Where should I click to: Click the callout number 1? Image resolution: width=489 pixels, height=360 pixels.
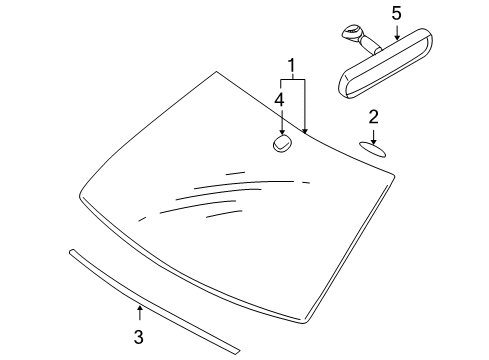pos(292,66)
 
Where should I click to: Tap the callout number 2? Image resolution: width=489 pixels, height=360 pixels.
pos(374,117)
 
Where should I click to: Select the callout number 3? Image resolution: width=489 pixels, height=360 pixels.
pos(139,337)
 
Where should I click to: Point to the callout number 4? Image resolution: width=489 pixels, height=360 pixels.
pos(279,100)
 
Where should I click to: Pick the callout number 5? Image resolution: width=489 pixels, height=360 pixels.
pos(396,14)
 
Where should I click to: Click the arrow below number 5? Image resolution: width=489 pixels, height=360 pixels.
pos(397,33)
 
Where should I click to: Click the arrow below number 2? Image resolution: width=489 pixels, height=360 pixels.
pos(374,137)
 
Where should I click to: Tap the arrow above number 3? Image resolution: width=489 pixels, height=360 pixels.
pos(140,312)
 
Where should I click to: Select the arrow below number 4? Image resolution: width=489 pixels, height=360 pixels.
pos(282,122)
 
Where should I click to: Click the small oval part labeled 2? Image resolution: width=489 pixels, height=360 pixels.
pos(372,149)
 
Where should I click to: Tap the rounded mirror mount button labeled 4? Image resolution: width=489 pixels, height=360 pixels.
pos(283,144)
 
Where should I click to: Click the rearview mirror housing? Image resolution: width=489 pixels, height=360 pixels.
pos(386,64)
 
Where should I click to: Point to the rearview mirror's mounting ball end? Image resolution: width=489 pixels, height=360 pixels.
pos(351,32)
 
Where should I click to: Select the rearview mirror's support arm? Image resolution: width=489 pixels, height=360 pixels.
pos(369,44)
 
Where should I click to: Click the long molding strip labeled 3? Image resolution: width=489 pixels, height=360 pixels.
pos(154,302)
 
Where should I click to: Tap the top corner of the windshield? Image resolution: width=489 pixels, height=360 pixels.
pos(216,71)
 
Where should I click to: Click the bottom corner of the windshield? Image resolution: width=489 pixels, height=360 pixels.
pos(303,323)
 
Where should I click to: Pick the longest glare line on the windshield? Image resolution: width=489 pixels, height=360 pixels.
pos(243,184)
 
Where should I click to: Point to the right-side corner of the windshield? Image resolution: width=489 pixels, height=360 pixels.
pos(394,175)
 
